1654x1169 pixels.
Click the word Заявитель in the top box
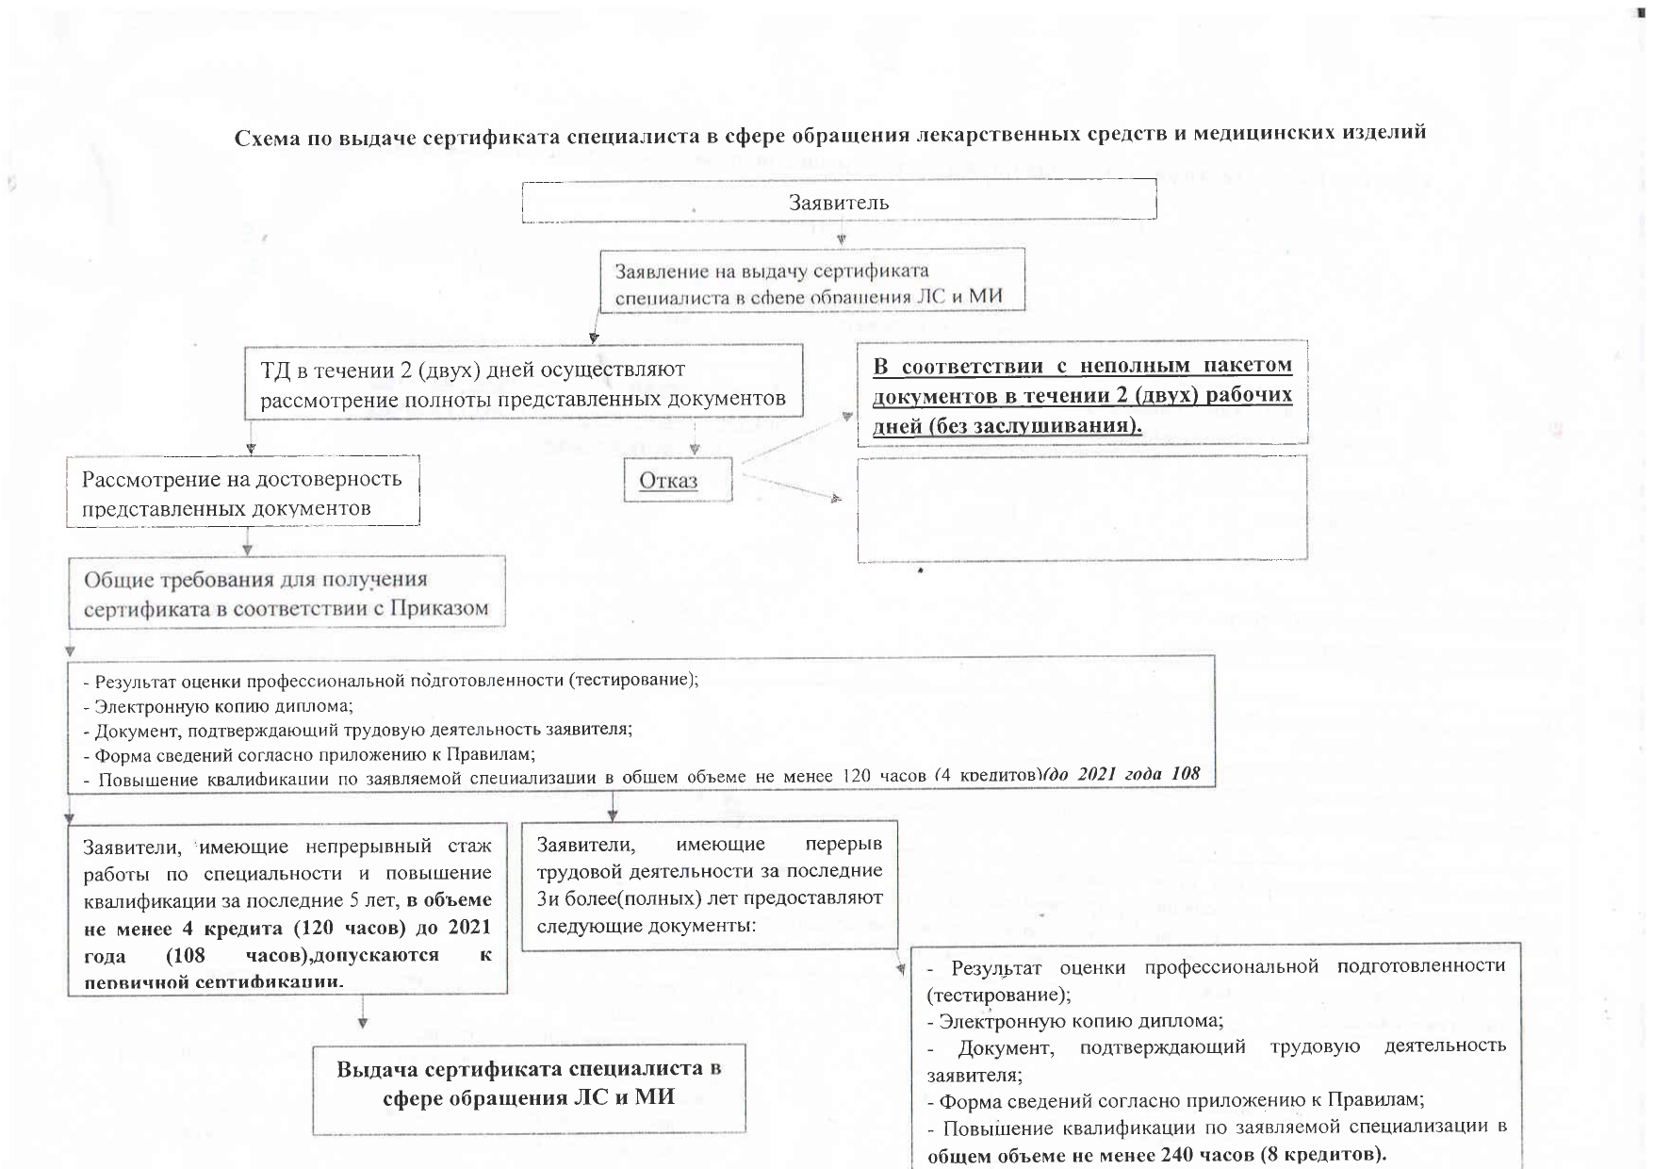(x=838, y=203)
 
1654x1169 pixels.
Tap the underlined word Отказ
(x=668, y=480)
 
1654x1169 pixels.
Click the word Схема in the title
(x=268, y=137)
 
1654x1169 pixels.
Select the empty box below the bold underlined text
(x=1082, y=508)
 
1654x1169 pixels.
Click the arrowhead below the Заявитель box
(x=840, y=239)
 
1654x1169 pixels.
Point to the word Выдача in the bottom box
(x=376, y=1069)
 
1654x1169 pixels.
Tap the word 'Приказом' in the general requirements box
(x=439, y=608)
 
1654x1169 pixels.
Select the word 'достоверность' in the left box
(x=331, y=478)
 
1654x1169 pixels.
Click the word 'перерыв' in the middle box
(x=843, y=844)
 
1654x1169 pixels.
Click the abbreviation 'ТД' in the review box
(x=274, y=370)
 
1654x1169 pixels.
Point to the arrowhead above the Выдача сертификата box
(x=363, y=1022)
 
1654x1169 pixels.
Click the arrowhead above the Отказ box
(x=695, y=450)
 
